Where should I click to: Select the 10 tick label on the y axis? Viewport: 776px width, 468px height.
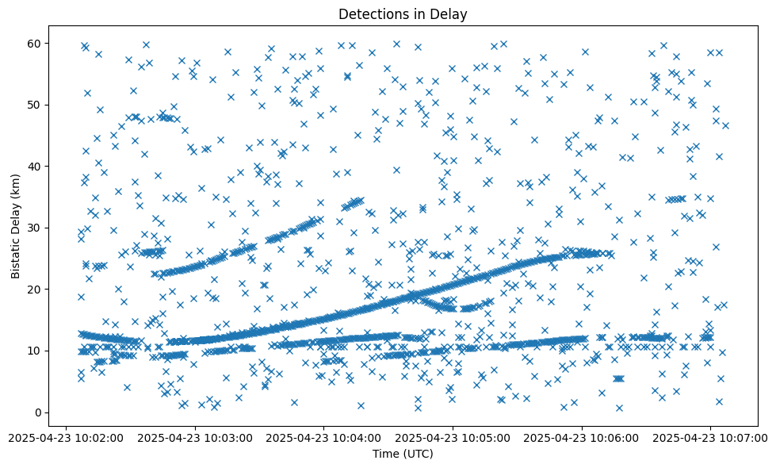click(x=34, y=351)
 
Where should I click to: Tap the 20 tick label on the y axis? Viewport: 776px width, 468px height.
click(x=34, y=290)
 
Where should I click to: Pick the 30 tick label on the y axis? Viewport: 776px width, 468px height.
click(x=34, y=228)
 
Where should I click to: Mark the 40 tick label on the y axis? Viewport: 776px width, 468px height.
click(x=34, y=166)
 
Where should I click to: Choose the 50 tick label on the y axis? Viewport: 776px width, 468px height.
click(x=34, y=105)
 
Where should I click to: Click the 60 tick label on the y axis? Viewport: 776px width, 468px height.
click(x=34, y=43)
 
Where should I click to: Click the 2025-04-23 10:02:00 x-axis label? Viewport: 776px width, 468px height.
click(x=67, y=437)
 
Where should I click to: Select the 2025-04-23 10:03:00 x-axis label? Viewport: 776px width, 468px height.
click(x=195, y=437)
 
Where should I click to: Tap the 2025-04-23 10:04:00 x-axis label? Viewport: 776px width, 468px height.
click(x=324, y=437)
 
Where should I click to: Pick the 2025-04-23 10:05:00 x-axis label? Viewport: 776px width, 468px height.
click(x=453, y=437)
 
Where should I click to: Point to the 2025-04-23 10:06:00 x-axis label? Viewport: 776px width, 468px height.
click(x=583, y=437)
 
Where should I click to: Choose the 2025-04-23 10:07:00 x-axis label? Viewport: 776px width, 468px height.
click(x=711, y=437)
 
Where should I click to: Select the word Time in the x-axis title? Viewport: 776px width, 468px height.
click(x=385, y=454)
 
